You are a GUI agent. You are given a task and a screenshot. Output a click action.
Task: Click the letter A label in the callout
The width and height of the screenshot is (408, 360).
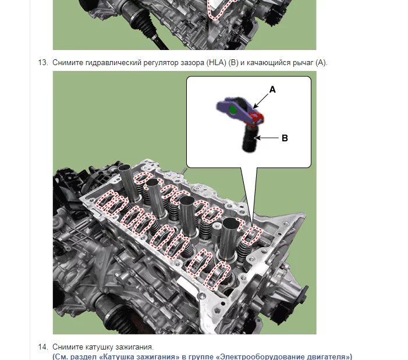point(272,90)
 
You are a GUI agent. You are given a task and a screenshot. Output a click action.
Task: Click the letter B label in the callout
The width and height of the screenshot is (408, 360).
point(285,138)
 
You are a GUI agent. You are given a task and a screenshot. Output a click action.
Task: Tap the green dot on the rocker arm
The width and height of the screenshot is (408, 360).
point(233,110)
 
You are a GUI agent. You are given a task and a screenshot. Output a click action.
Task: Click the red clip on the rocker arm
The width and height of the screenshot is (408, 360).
point(256,117)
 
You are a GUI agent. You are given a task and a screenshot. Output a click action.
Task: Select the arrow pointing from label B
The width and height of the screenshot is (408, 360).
point(267,138)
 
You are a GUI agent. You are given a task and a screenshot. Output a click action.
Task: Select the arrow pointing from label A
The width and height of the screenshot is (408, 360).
point(261,101)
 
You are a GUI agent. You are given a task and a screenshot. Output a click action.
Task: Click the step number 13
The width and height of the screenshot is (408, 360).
point(43,63)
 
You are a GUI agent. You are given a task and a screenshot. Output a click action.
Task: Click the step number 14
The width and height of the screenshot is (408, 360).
point(43,347)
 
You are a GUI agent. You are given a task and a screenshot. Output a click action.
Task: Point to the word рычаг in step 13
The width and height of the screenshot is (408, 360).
point(303,63)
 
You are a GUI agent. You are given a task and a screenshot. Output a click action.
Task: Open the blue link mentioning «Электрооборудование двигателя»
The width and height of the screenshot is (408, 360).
point(203,357)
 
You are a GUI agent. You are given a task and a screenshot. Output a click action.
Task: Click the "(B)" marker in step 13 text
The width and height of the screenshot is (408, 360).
point(233,63)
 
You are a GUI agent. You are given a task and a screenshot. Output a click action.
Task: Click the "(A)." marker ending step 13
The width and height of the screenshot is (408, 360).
point(321,63)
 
